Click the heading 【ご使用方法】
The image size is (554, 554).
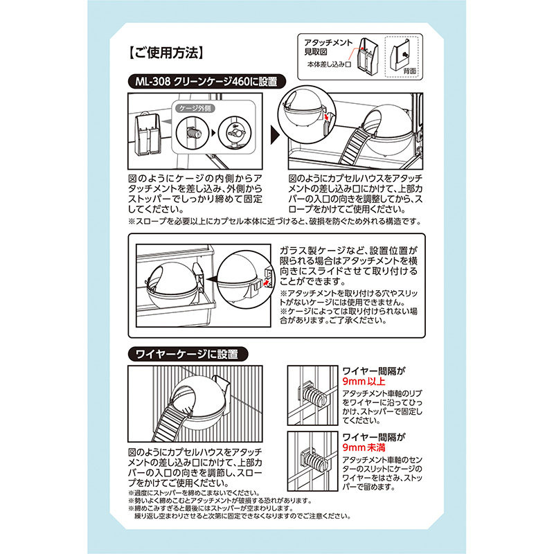[x=166, y=53]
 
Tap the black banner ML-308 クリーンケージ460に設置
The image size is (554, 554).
[x=206, y=82]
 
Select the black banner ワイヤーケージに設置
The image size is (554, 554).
[x=188, y=354]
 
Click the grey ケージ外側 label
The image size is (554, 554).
[x=195, y=108]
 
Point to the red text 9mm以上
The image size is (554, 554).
[x=364, y=382]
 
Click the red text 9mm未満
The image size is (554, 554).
[x=364, y=447]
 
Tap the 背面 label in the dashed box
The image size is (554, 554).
[x=409, y=71]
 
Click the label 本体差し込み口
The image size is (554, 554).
[x=328, y=64]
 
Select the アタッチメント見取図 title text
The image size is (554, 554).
[x=328, y=47]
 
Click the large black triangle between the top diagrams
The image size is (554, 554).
[x=274, y=134]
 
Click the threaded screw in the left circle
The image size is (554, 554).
[x=194, y=134]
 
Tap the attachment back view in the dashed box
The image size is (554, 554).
[x=400, y=56]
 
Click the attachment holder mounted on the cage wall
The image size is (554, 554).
[x=147, y=134]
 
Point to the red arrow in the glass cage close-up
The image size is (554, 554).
[x=267, y=283]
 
